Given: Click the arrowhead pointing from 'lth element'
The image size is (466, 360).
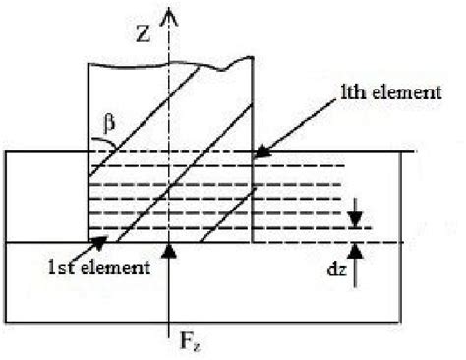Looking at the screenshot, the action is [259, 152].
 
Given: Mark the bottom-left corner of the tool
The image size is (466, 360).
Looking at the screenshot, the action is [89, 242].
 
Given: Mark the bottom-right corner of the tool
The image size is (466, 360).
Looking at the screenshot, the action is [253, 242].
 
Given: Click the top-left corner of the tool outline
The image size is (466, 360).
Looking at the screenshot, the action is [89, 65].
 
